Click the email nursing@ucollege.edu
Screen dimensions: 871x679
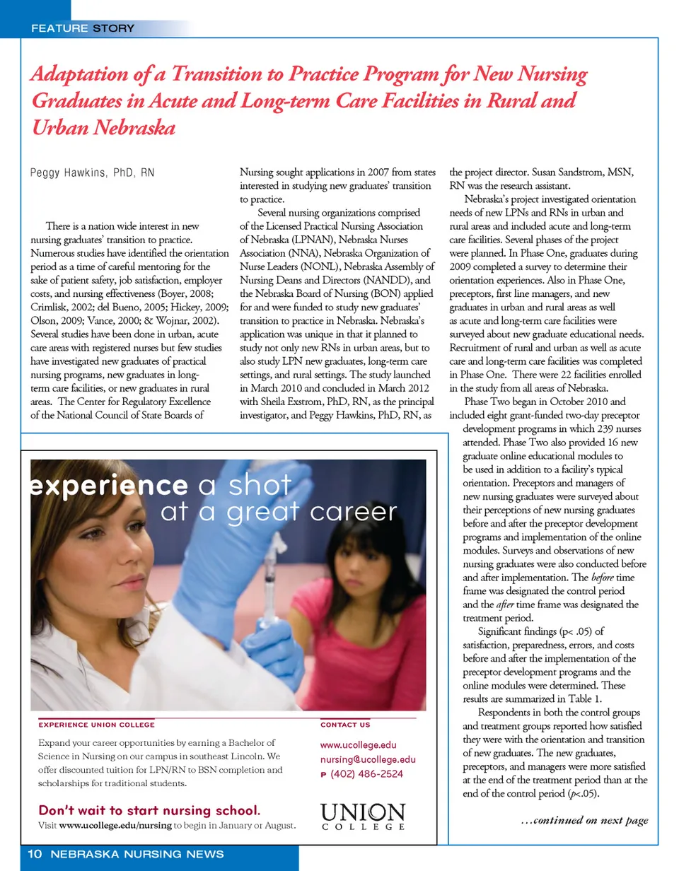(x=368, y=759)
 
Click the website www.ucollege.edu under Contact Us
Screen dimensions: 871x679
(x=359, y=744)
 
